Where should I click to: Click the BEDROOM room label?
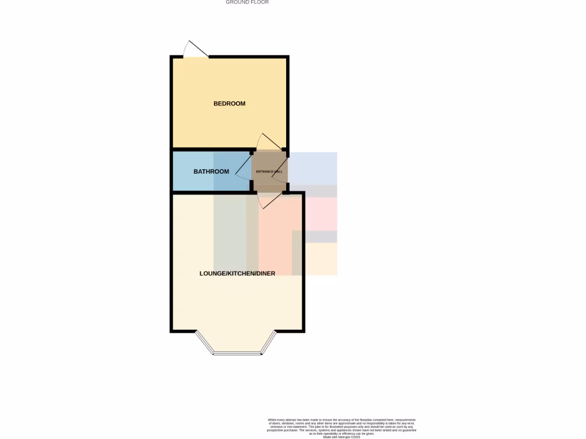point(229,103)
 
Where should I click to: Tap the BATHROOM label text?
point(211,171)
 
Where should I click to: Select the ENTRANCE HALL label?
point(269,171)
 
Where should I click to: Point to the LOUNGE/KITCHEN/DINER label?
point(237,274)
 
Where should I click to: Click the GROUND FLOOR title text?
point(247,2)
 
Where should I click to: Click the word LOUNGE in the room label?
point(211,274)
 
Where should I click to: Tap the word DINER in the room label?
point(265,274)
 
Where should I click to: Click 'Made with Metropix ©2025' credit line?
point(342,437)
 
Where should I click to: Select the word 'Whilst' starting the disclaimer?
point(272,420)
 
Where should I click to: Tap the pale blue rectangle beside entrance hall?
point(313,168)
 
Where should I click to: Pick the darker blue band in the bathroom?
point(231,171)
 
